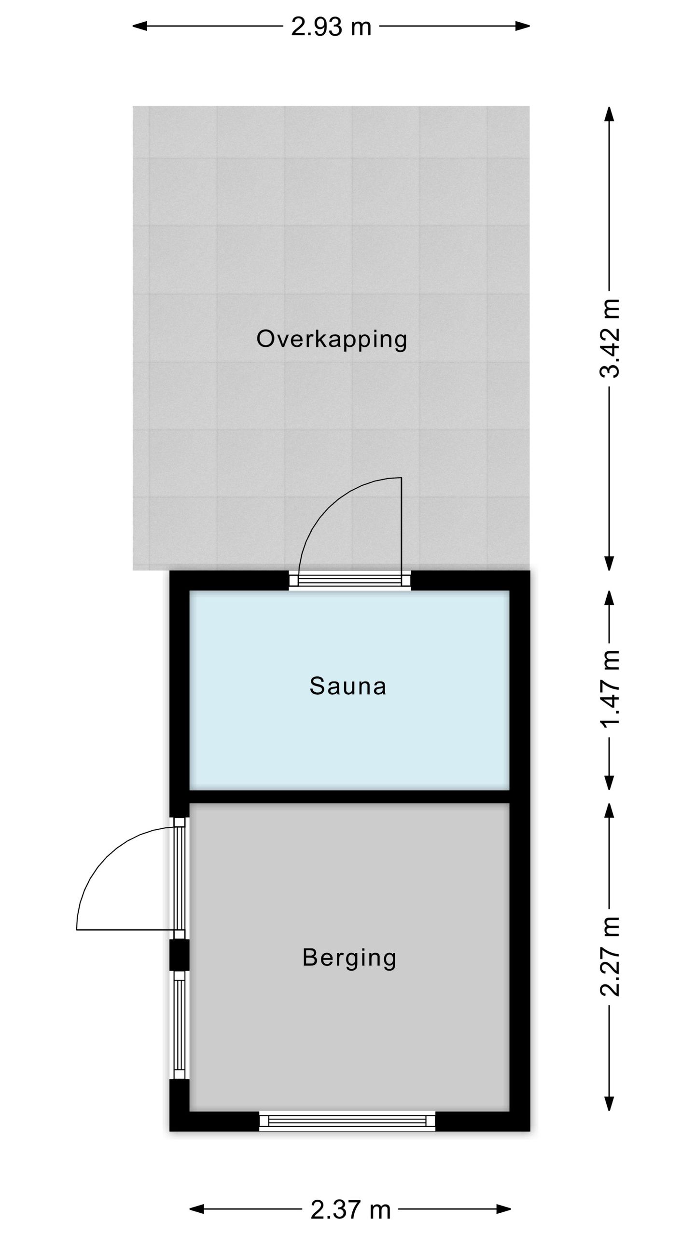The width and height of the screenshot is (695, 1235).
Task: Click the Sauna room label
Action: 348,686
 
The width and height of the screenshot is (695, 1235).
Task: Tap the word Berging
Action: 349,958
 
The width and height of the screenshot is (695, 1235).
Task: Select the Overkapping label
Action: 332,339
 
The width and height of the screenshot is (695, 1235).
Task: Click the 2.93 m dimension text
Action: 331,27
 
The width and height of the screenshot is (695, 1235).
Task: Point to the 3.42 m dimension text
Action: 610,338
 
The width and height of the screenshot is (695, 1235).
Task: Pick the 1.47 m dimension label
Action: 610,689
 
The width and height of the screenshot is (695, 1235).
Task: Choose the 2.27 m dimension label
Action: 610,956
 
